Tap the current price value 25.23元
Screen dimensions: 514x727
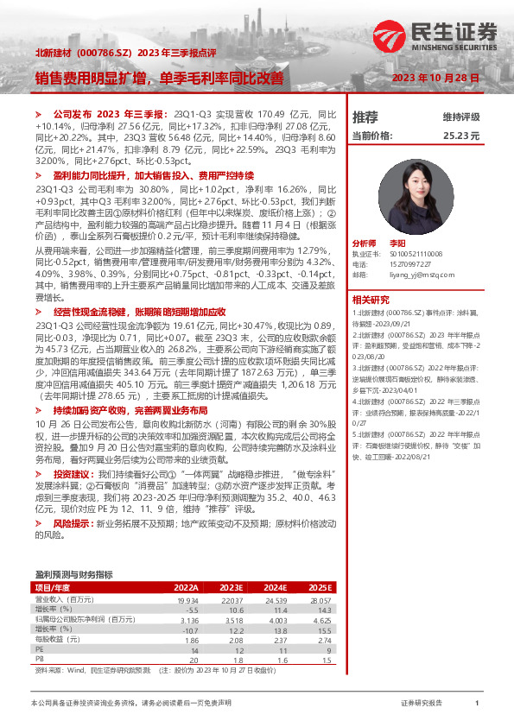460,136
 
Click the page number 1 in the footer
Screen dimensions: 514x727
477,704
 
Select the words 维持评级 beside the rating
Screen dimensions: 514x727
460,117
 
